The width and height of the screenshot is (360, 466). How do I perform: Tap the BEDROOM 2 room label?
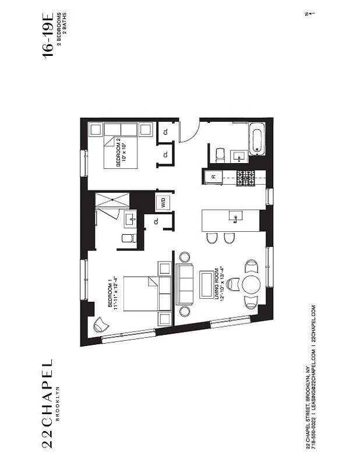(x=119, y=152)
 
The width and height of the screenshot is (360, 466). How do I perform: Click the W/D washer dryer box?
(x=163, y=203)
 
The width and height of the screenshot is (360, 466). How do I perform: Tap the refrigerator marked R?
(x=214, y=176)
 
